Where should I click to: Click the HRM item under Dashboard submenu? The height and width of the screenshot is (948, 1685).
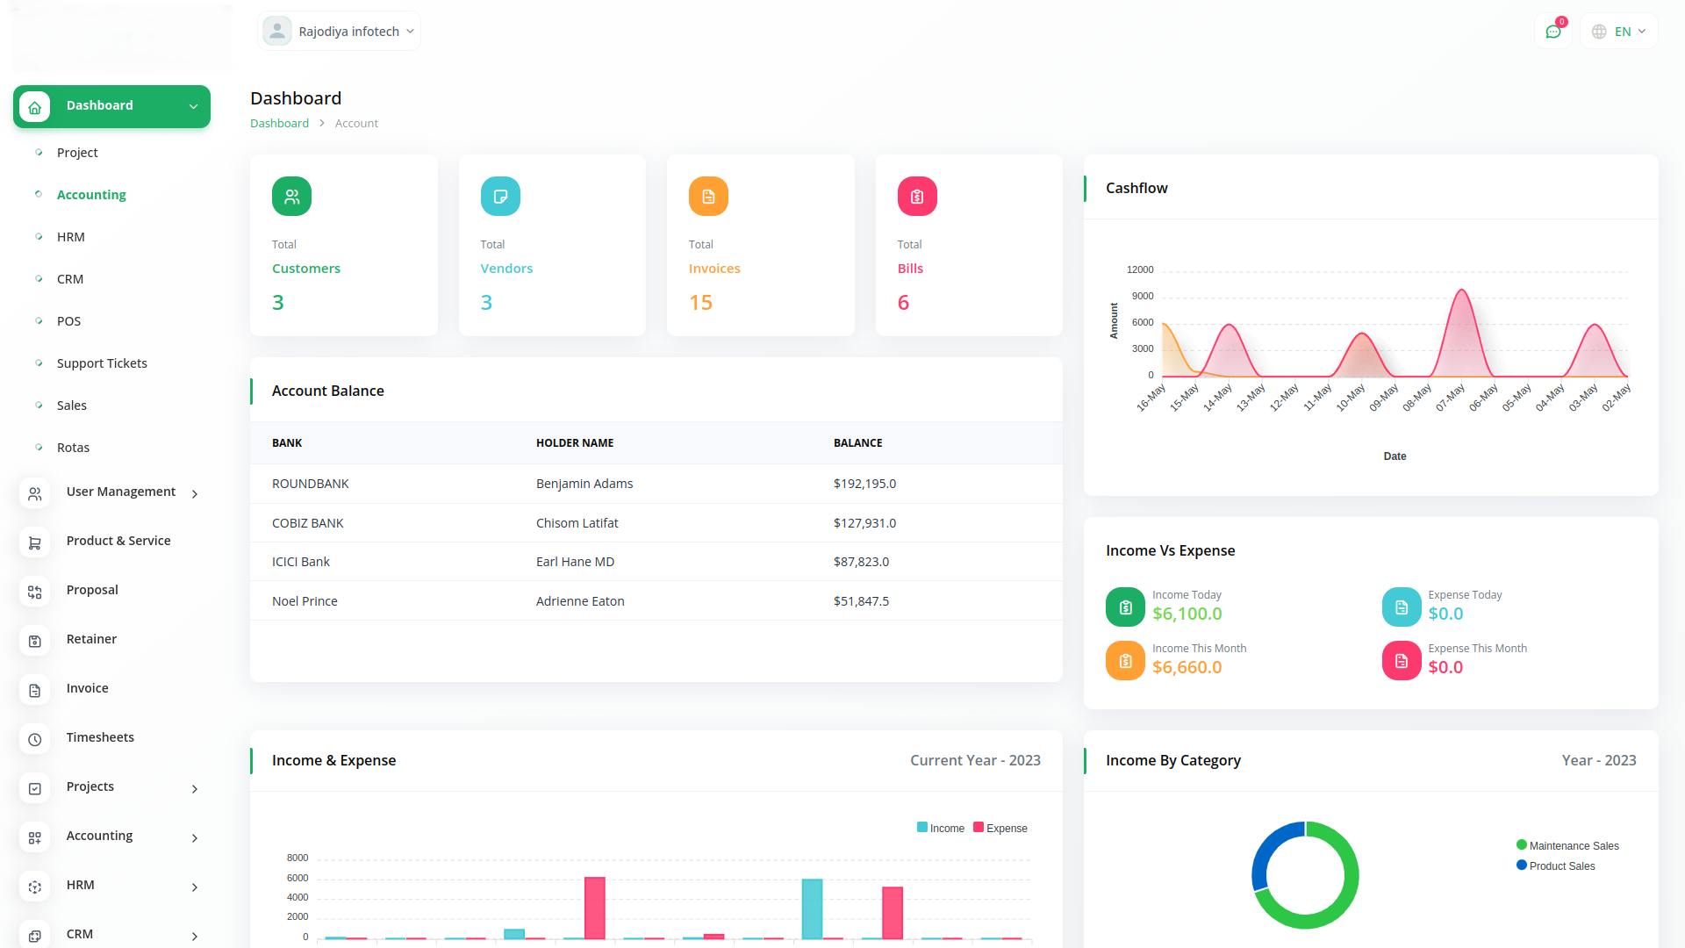click(71, 237)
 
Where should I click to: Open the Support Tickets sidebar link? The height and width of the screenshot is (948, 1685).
click(102, 363)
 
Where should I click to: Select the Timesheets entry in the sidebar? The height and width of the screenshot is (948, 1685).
click(100, 737)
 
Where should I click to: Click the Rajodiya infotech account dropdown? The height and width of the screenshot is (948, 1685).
click(340, 32)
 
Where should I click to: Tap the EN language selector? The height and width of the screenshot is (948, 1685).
click(1619, 32)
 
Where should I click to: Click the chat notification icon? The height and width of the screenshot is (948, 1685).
click(1552, 32)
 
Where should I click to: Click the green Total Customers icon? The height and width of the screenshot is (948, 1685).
click(291, 197)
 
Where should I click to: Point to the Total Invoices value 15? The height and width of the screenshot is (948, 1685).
click(700, 303)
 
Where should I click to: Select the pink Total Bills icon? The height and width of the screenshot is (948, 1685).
click(916, 197)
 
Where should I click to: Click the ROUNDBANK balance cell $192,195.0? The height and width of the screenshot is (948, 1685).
click(864, 484)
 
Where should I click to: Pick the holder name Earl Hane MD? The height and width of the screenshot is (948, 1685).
click(575, 562)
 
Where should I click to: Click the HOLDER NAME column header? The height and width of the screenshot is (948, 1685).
click(575, 443)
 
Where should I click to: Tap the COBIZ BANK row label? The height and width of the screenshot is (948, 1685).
click(307, 523)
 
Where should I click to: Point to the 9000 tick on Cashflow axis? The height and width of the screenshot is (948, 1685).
click(1142, 296)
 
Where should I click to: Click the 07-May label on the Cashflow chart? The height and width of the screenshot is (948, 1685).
click(1451, 397)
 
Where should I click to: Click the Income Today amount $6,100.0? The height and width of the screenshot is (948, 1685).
click(1187, 614)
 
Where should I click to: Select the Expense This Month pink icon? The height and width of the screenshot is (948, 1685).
click(1401, 661)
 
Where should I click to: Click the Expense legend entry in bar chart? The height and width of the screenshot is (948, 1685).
click(1000, 828)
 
